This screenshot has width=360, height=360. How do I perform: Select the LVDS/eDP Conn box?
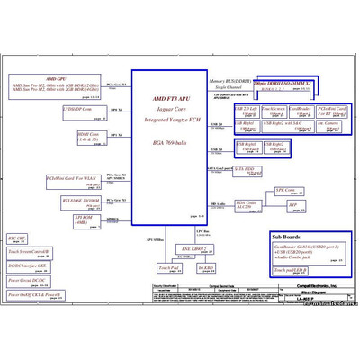(x=79, y=111)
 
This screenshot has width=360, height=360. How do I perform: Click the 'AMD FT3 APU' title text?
(x=170, y=98)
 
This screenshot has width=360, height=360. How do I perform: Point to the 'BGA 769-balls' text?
(x=170, y=143)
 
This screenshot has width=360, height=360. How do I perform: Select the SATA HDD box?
(x=244, y=169)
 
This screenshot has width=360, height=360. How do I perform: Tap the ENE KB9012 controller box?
(x=194, y=249)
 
